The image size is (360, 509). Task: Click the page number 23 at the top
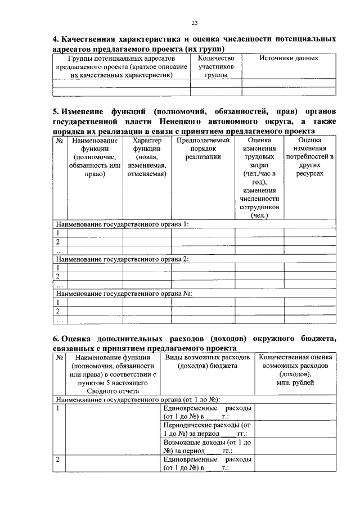195,23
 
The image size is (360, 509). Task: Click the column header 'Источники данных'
289,58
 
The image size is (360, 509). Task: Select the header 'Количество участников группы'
215,66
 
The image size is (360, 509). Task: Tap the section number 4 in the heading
55,40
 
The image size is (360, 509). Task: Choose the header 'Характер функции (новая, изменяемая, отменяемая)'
147,157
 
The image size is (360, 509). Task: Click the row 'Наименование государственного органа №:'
124,294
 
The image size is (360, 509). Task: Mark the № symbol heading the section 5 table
59,140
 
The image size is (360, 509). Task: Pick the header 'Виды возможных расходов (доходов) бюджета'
207,362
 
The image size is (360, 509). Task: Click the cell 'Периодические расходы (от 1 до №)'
207,429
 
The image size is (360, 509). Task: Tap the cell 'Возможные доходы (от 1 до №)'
207,447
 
